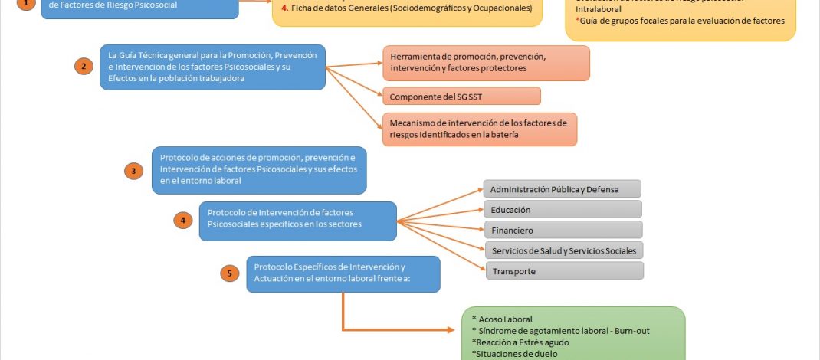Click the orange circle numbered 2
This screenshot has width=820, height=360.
(x=84, y=66)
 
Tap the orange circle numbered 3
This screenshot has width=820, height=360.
(x=134, y=171)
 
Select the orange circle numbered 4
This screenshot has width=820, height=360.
(x=182, y=221)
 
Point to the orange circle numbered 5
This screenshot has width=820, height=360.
(x=228, y=272)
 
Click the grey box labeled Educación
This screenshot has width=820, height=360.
(x=562, y=209)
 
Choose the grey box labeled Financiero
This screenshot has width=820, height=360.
(x=562, y=230)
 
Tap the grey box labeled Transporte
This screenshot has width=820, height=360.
(x=563, y=271)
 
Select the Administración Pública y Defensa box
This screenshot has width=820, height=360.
(x=562, y=188)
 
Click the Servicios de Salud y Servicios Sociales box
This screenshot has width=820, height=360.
(x=564, y=250)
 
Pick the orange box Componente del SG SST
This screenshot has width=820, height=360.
(x=461, y=96)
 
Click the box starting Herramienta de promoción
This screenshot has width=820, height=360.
(x=486, y=63)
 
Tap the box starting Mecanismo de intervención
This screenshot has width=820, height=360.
(x=479, y=129)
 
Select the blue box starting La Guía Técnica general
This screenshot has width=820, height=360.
(x=212, y=67)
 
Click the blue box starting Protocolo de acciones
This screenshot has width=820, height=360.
(x=259, y=170)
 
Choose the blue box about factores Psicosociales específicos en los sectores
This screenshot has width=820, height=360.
(x=297, y=221)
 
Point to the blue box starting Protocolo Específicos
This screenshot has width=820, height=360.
(x=343, y=273)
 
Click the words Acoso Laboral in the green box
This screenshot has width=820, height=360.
(x=506, y=319)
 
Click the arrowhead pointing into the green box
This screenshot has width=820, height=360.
(x=457, y=330)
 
